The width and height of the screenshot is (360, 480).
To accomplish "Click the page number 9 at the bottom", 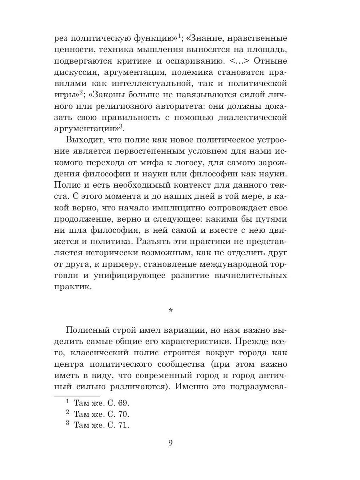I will [170, 443].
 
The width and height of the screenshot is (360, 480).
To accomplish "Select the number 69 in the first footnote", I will [122, 403].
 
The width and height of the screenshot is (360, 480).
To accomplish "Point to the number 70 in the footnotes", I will [122, 414].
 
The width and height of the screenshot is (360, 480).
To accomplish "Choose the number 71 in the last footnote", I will [122, 425].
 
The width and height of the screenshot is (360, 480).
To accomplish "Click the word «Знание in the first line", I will [208, 39].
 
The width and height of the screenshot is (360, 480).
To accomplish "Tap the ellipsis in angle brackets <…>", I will [239, 62].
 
